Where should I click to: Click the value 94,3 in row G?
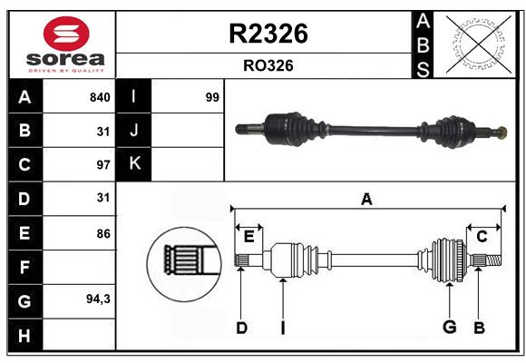pyautogui.click(x=98, y=299)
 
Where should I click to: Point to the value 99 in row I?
pyautogui.click(x=212, y=97)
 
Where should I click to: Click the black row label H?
pyautogui.click(x=24, y=335)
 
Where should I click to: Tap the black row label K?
pyautogui.click(x=134, y=164)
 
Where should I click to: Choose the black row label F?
pyautogui.click(x=24, y=267)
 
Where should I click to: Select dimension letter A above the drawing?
pyautogui.click(x=366, y=199)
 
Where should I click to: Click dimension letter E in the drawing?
pyautogui.click(x=248, y=236)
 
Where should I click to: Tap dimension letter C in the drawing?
pyautogui.click(x=482, y=236)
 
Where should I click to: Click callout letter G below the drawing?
pyautogui.click(x=448, y=328)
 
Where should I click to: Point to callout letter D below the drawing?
pyautogui.click(x=241, y=328)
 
